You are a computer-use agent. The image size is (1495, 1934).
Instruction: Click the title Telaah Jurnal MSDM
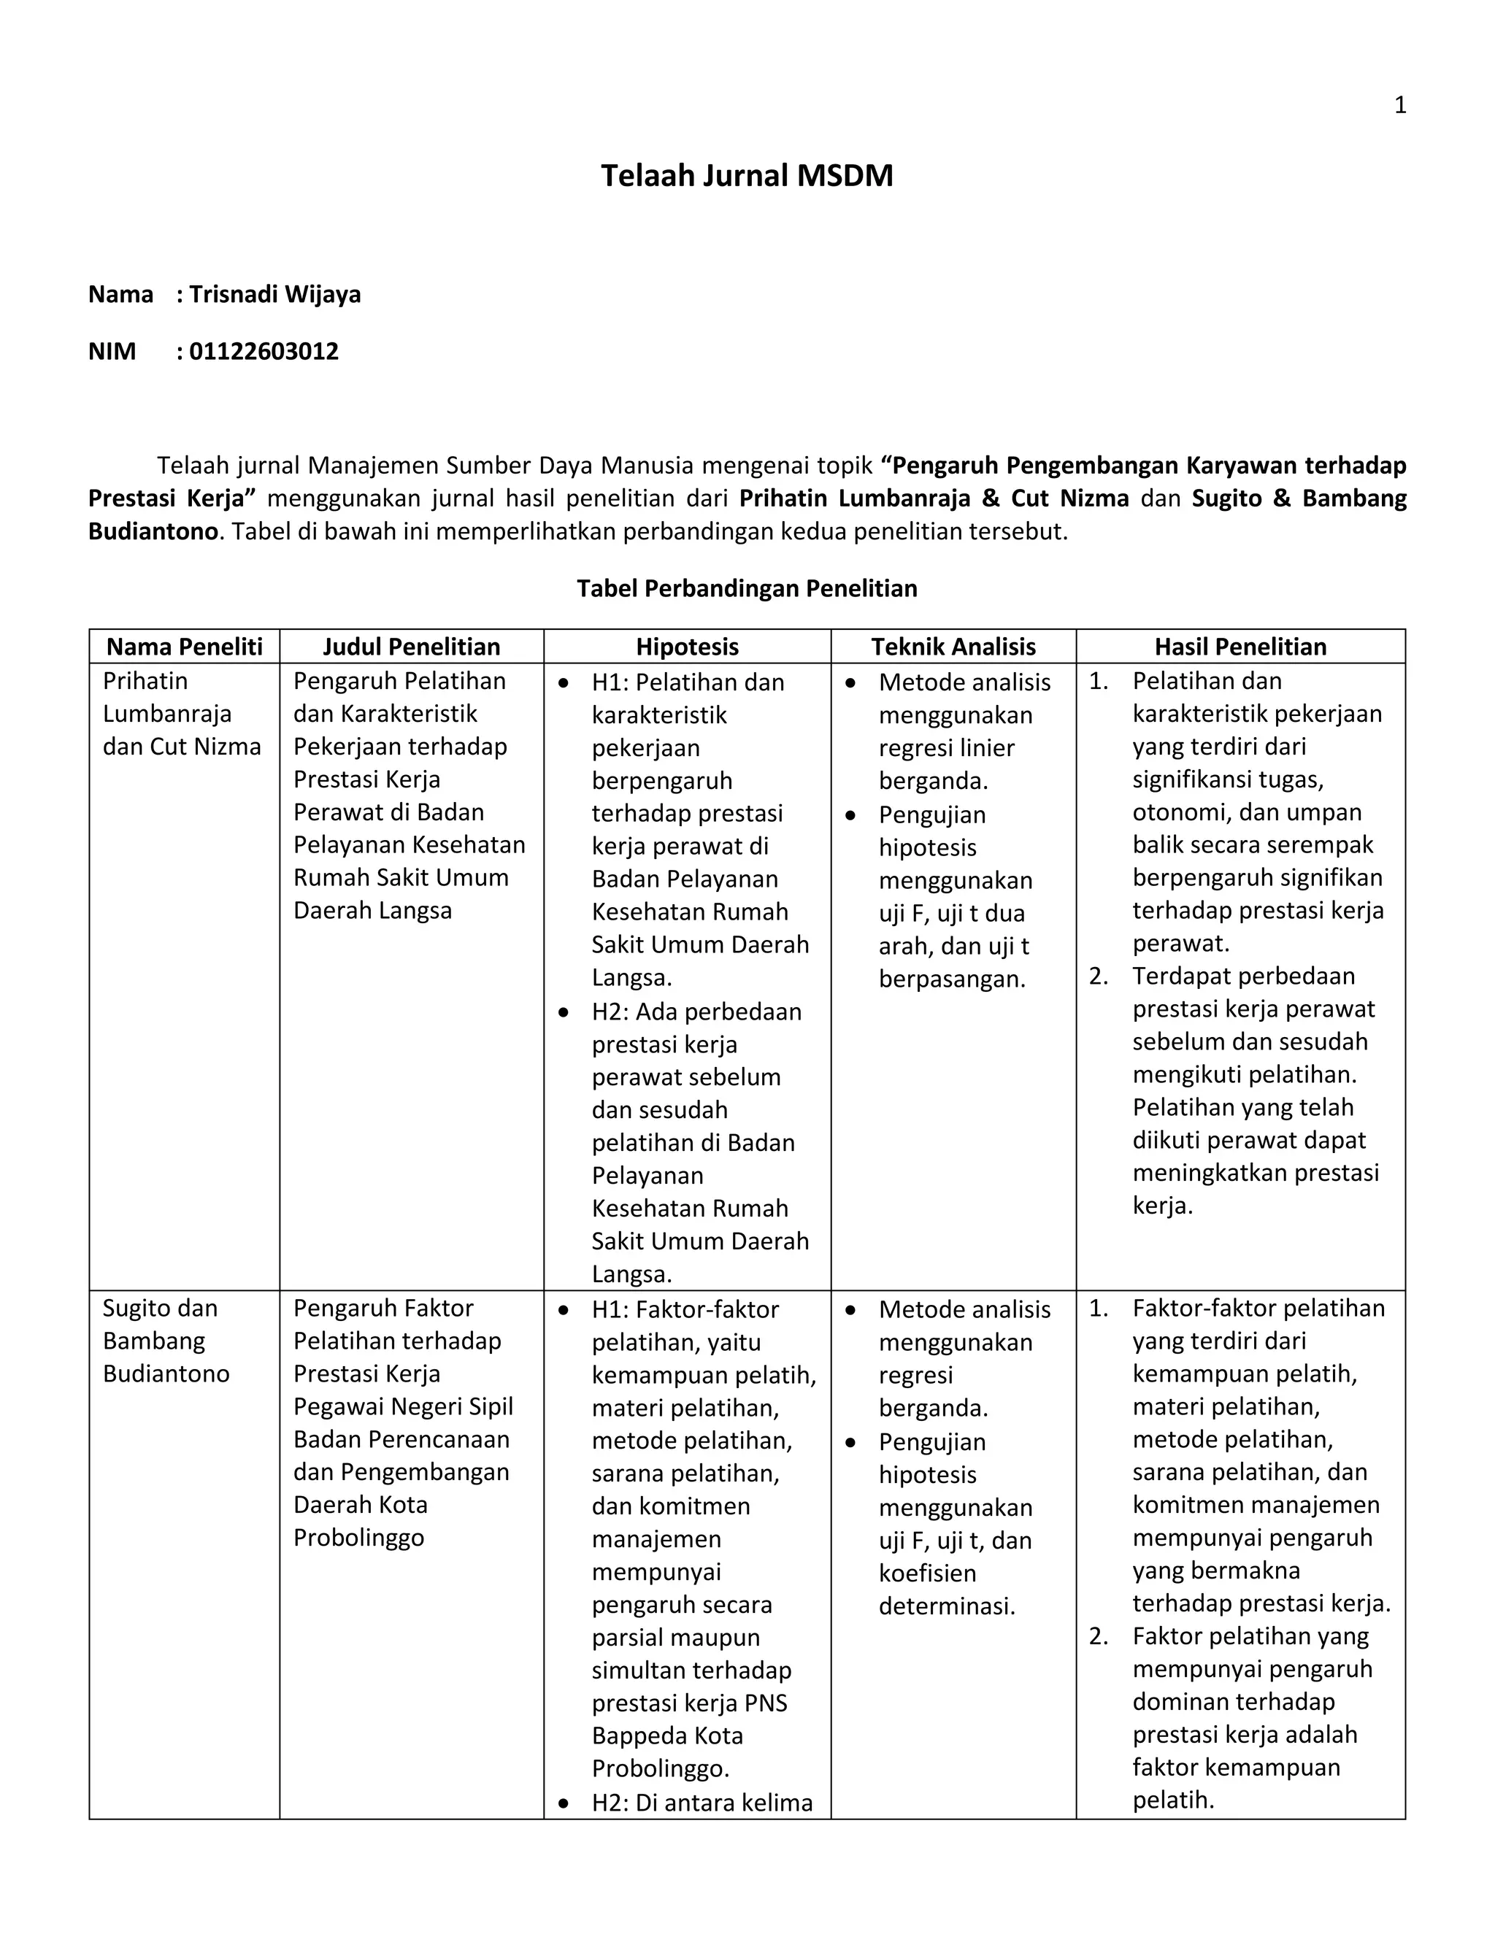[747, 175]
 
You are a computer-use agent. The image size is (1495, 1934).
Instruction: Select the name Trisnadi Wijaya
[274, 294]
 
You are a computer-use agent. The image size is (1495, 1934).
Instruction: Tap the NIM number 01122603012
[264, 352]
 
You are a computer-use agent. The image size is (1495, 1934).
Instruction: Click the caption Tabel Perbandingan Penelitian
[747, 589]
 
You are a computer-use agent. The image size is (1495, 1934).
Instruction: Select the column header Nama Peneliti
[184, 647]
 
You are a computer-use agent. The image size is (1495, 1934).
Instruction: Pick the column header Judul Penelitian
[411, 647]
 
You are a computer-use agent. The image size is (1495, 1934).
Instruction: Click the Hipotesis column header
[687, 647]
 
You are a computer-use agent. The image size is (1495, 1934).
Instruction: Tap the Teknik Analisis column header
[953, 647]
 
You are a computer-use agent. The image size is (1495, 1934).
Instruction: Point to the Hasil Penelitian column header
[1240, 647]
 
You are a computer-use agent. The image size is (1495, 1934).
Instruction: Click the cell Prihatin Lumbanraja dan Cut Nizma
[182, 714]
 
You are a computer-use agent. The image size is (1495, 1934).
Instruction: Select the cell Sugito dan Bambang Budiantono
[166, 1341]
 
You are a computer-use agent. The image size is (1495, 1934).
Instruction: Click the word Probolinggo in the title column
[358, 1537]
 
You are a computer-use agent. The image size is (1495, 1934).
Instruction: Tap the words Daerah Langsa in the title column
[372, 910]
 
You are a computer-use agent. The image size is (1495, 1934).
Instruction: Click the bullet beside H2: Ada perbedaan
[564, 1012]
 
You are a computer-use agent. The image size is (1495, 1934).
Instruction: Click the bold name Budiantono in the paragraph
[153, 531]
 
